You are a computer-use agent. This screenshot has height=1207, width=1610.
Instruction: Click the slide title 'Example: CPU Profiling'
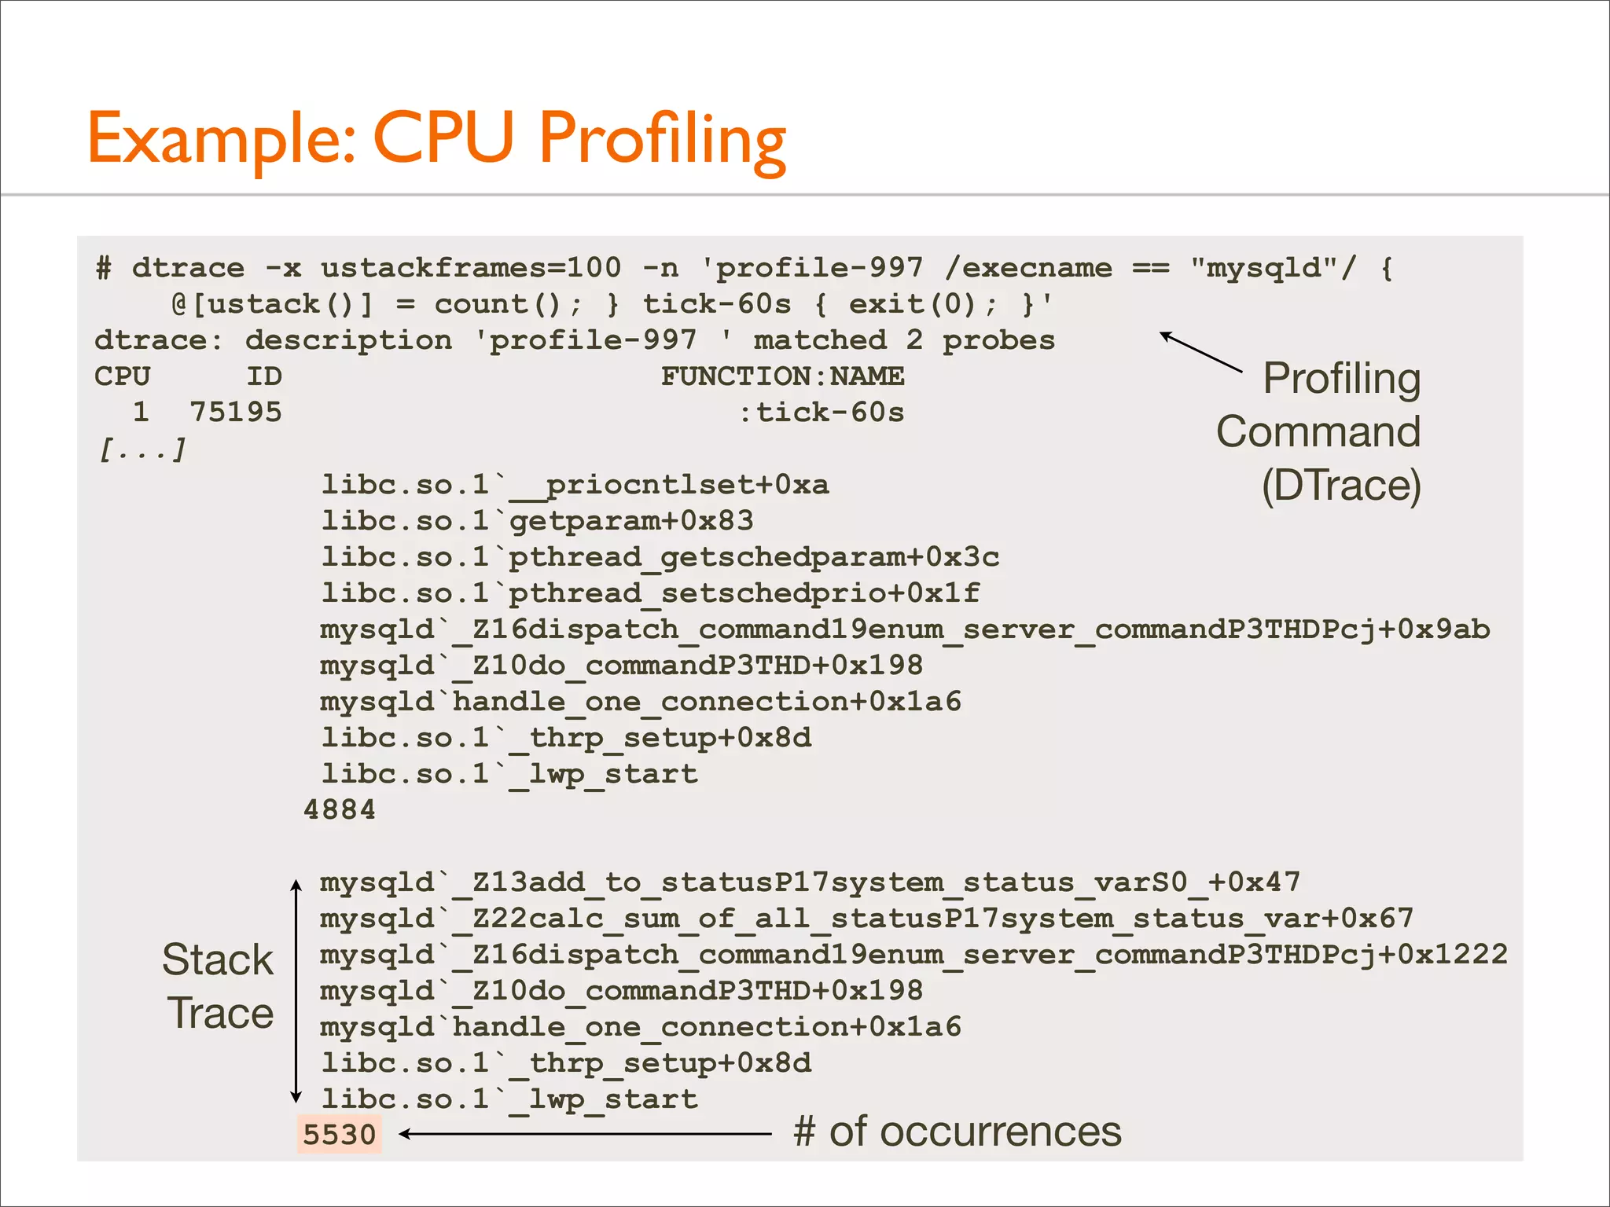pyautogui.click(x=436, y=139)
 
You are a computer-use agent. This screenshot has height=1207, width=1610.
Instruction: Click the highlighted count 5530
pyautogui.click(x=340, y=1135)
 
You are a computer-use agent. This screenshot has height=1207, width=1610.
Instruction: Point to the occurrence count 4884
pyautogui.click(x=340, y=809)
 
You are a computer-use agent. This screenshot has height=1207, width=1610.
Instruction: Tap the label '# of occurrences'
pyautogui.click(x=958, y=1132)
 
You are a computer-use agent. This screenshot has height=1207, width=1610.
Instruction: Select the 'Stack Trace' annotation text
pyautogui.click(x=219, y=986)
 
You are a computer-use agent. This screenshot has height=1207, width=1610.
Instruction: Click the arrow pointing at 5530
pyautogui.click(x=586, y=1134)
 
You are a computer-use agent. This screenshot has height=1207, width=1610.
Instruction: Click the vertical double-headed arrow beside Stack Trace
pyautogui.click(x=296, y=990)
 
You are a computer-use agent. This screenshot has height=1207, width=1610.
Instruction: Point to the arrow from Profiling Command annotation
pyautogui.click(x=1200, y=351)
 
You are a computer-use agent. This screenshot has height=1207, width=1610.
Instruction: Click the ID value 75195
pyautogui.click(x=236, y=413)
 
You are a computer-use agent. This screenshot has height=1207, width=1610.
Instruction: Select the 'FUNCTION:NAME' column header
pyautogui.click(x=782, y=376)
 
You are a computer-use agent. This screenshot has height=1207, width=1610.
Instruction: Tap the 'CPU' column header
pyautogui.click(x=122, y=376)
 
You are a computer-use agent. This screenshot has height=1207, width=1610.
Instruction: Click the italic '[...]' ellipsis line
pyautogui.click(x=142, y=449)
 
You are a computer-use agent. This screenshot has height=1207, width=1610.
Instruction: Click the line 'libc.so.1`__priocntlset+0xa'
pyautogui.click(x=575, y=485)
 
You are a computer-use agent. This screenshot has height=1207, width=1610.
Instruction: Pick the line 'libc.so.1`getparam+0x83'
pyautogui.click(x=537, y=521)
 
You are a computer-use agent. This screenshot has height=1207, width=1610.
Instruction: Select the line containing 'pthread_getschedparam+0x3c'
pyautogui.click(x=660, y=557)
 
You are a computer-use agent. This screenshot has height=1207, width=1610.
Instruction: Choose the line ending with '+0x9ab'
pyautogui.click(x=904, y=629)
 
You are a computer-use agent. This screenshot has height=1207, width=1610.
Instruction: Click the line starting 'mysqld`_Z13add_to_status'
pyautogui.click(x=810, y=882)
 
